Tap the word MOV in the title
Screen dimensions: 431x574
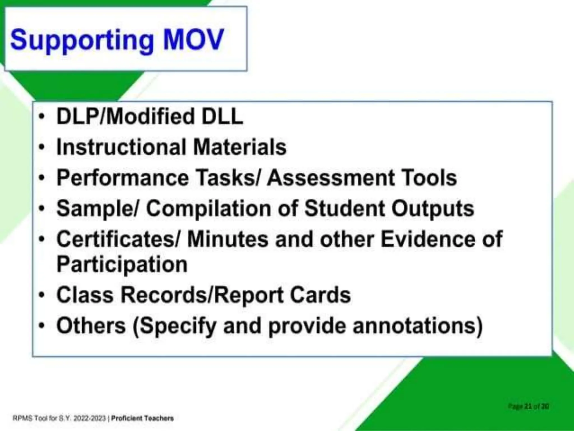(x=193, y=40)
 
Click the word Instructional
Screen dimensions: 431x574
(x=121, y=147)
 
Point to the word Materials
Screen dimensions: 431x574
(x=240, y=147)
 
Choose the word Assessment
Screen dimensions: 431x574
(x=331, y=178)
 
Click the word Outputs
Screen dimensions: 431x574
(x=433, y=209)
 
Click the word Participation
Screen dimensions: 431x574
(x=122, y=264)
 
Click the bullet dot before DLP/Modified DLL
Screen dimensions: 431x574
(x=42, y=117)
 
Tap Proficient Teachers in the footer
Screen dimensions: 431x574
(x=142, y=418)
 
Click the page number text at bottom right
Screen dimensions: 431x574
(x=528, y=406)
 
